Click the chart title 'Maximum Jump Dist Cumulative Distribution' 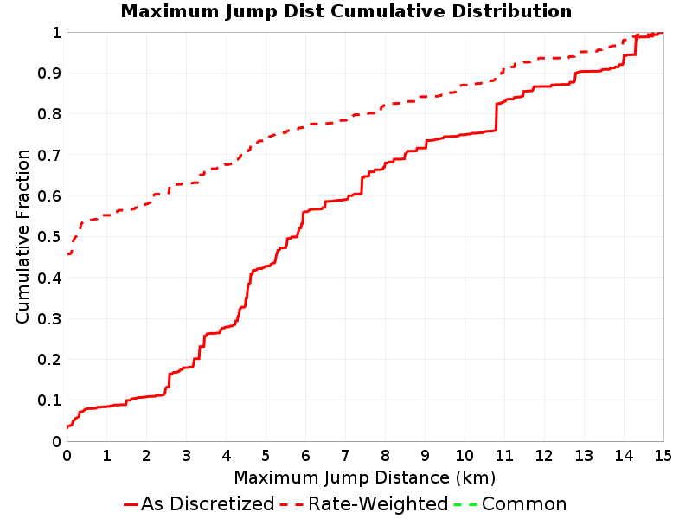click(346, 11)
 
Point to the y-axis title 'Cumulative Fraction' click(22, 236)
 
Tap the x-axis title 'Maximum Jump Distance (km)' click(365, 477)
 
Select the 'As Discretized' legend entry click(199, 503)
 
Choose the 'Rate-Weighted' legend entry click(364, 503)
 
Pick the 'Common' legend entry click(510, 503)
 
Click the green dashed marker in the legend click(465, 504)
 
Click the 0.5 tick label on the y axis click(49, 237)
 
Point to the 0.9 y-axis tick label click(49, 74)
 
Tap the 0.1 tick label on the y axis click(49, 400)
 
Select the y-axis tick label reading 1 click(56, 33)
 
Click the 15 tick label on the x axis click(663, 456)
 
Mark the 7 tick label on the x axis click(345, 456)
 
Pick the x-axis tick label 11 click(504, 456)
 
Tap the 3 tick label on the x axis click(186, 456)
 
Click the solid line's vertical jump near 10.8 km click(496, 117)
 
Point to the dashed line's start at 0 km click(67, 253)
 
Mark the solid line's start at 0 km click(67, 427)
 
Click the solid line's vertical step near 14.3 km click(636, 46)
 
